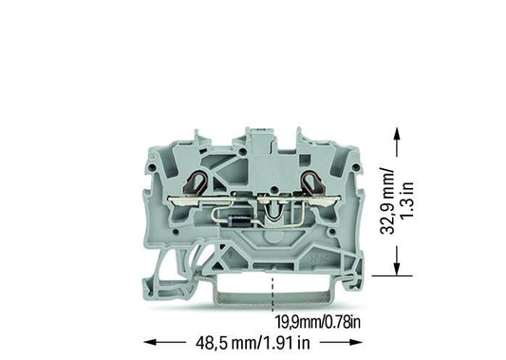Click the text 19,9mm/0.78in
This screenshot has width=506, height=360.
(x=318, y=322)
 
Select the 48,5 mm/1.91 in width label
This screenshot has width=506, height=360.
(x=253, y=343)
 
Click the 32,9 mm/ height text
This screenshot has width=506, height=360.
(x=387, y=200)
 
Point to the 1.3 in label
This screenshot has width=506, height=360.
(x=407, y=200)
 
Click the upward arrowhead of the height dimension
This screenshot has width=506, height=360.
(x=397, y=132)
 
